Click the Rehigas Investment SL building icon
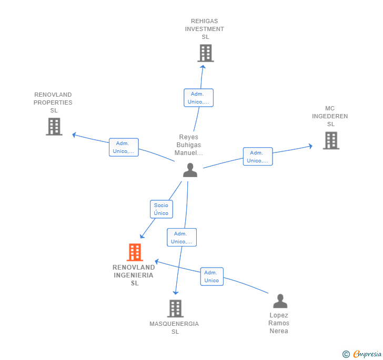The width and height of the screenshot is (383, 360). (206, 53)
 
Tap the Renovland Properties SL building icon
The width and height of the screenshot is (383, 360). (54, 127)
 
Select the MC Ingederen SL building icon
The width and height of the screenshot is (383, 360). (331, 140)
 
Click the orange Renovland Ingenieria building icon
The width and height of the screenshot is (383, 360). (135, 252)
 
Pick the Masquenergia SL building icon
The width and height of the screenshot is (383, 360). (175, 308)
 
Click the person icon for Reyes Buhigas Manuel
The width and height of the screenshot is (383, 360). (190, 170)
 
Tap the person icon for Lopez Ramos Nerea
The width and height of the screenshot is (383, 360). (280, 301)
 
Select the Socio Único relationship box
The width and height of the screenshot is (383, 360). (161, 209)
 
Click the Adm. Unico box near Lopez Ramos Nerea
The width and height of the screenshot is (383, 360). (211, 276)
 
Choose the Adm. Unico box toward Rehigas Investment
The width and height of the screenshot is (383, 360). (198, 98)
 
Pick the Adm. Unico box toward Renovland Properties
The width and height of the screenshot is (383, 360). (124, 147)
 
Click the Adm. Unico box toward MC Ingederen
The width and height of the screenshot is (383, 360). (258, 157)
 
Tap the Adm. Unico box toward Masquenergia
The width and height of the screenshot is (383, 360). (182, 238)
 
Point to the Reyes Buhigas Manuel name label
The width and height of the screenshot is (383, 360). (189, 145)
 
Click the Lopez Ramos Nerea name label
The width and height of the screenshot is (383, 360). (279, 323)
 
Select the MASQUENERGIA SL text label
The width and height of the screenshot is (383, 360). (174, 327)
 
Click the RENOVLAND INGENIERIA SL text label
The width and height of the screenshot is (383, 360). (134, 275)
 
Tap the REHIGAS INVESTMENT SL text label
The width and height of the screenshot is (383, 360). (204, 29)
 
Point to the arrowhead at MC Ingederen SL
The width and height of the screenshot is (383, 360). (310, 146)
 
